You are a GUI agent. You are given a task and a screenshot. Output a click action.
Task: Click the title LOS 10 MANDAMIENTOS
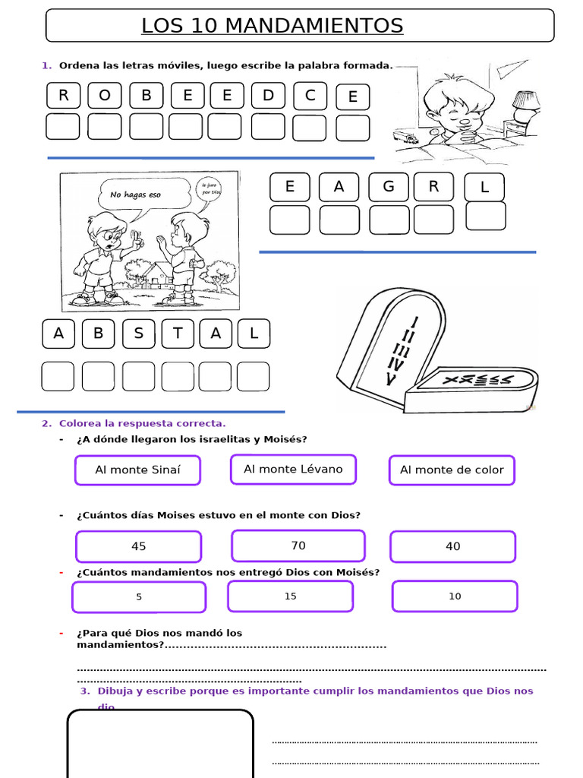coord(272,26)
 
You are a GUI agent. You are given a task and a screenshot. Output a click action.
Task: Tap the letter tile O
coord(104,96)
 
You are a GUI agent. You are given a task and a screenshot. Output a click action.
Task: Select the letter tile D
coord(268,96)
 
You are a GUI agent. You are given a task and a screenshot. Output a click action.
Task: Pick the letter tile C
coord(310,96)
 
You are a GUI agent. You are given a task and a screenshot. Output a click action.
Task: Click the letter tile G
coord(389,187)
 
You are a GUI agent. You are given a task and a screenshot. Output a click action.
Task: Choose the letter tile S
coord(138,333)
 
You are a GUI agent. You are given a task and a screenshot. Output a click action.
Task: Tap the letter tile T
coord(178,333)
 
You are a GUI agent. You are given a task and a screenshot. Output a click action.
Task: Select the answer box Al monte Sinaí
coord(137,470)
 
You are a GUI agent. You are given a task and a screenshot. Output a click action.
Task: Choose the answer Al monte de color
coord(452,470)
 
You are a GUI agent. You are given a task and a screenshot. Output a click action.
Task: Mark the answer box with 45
coord(138,546)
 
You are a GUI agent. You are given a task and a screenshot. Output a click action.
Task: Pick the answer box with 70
coord(298,546)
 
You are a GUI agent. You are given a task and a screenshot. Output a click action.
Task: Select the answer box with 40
coord(452,546)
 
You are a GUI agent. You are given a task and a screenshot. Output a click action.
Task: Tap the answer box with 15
coord(290,596)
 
